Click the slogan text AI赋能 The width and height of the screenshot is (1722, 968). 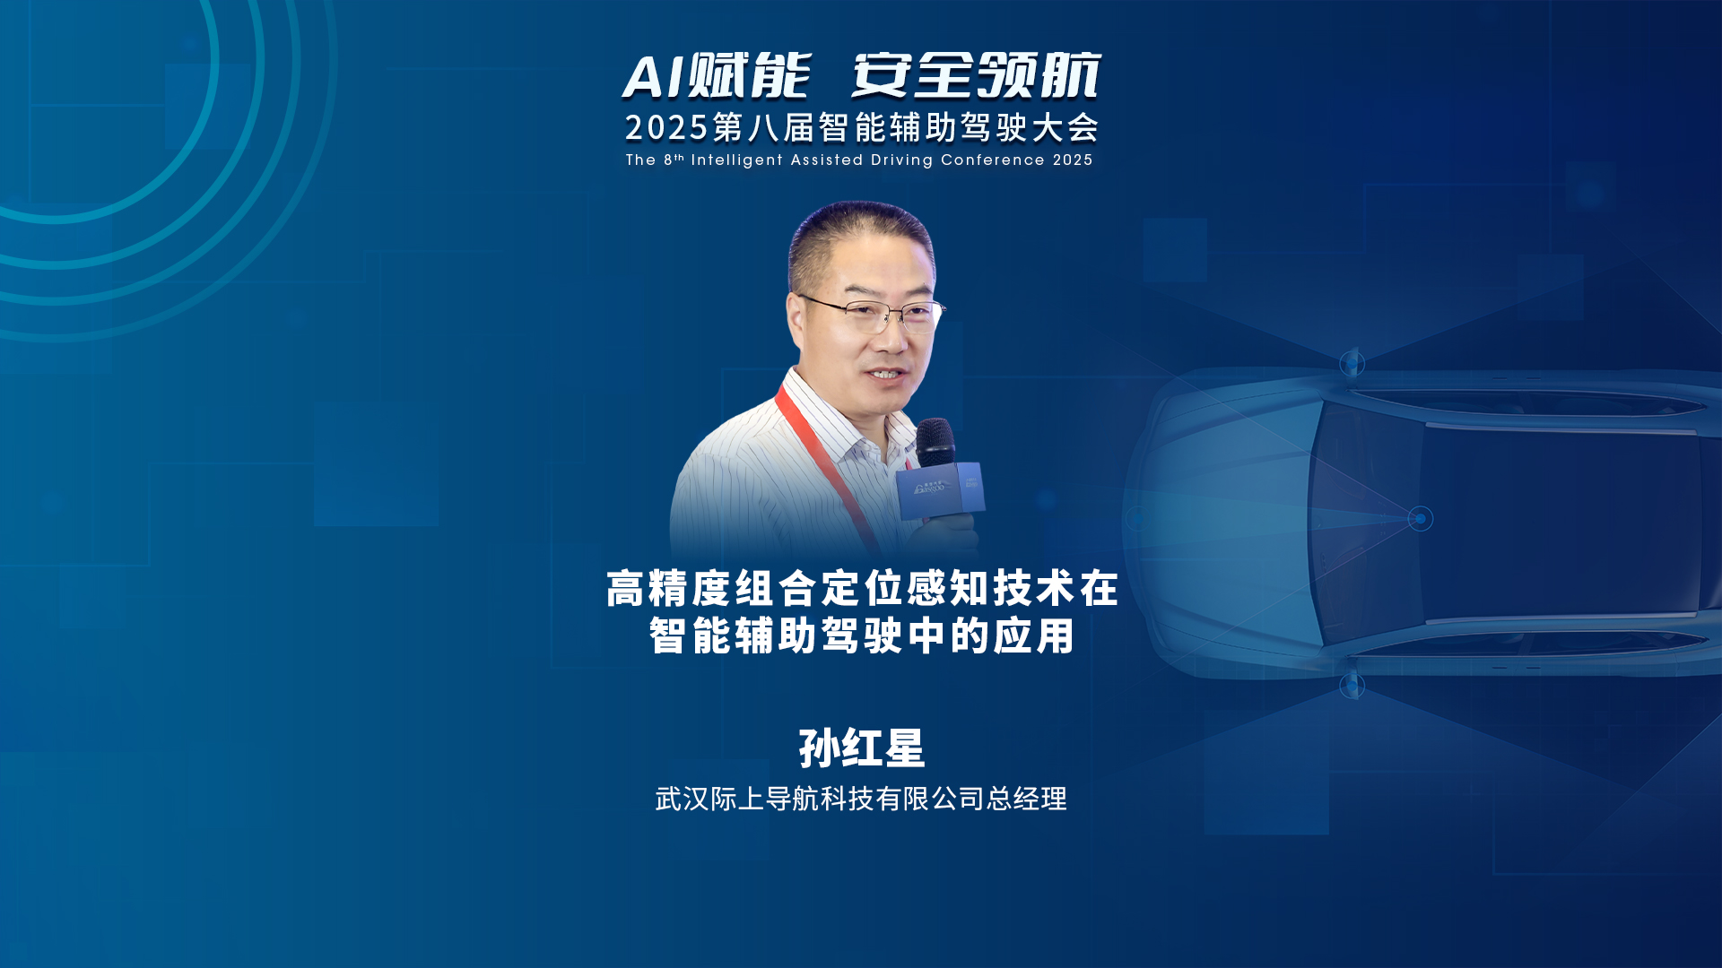pos(717,75)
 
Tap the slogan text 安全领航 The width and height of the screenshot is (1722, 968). pos(977,75)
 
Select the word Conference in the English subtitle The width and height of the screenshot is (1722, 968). pos(993,160)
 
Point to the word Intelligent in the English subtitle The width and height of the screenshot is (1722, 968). pos(737,160)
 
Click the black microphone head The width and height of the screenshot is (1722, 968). pos(935,442)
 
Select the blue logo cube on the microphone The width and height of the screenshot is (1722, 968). pos(940,489)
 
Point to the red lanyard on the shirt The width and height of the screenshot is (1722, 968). pos(830,466)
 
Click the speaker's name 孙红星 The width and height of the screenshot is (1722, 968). pos(862,748)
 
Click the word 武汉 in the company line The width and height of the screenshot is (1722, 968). pos(683,799)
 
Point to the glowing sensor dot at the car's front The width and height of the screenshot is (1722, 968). pos(1420,519)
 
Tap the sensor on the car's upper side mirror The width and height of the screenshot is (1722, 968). pos(1352,363)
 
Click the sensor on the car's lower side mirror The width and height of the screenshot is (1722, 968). pos(1352,687)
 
